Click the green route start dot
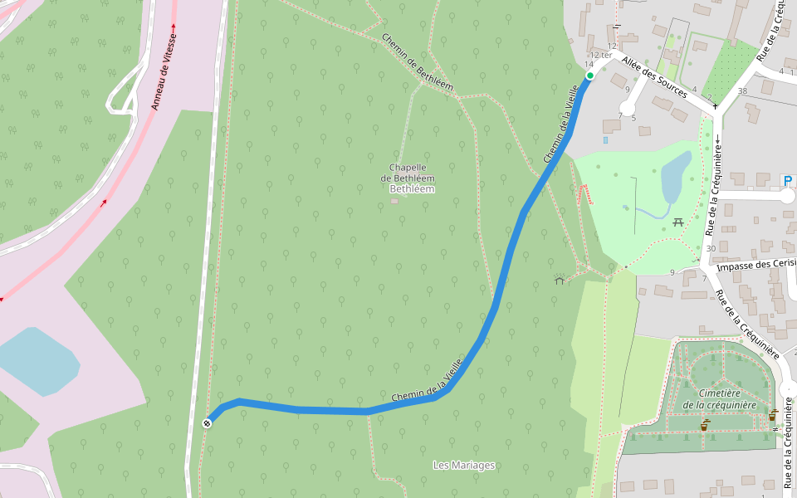tap(590, 76)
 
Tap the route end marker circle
tap(208, 423)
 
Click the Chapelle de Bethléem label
tap(407, 173)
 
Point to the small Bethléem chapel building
tap(394, 201)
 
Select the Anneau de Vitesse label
tap(165, 73)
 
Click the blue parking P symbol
tap(788, 180)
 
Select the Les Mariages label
tap(464, 466)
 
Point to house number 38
tap(742, 91)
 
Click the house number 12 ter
tap(600, 56)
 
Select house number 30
tap(710, 248)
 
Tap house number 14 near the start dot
tap(589, 64)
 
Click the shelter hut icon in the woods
tap(560, 281)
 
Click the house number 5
tap(633, 118)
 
